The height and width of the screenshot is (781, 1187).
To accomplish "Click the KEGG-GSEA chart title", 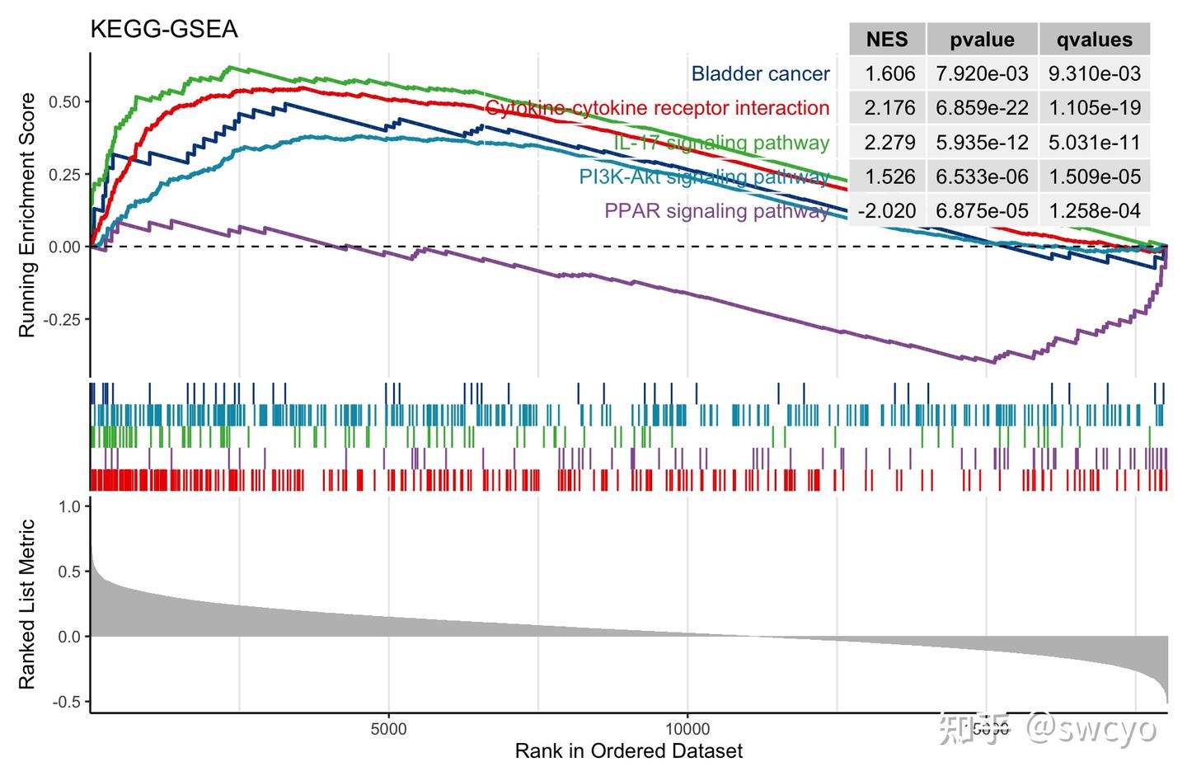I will pyautogui.click(x=163, y=30).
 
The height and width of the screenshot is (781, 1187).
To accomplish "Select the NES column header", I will pyautogui.click(x=887, y=40).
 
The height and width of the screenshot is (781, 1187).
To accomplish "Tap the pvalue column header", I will pyautogui.click(x=982, y=40).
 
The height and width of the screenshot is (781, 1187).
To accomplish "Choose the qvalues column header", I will pyautogui.click(x=1095, y=40).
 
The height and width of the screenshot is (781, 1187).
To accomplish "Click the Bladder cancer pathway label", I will pyautogui.click(x=760, y=74).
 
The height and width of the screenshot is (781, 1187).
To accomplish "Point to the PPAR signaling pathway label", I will pyautogui.click(x=716, y=211).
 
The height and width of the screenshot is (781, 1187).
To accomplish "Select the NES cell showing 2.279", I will pyautogui.click(x=889, y=143).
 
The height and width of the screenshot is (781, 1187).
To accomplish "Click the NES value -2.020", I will pyautogui.click(x=886, y=211).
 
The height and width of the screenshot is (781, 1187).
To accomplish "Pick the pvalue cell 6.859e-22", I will pyautogui.click(x=982, y=108).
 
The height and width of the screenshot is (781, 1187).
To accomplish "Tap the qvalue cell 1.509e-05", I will pyautogui.click(x=1095, y=176).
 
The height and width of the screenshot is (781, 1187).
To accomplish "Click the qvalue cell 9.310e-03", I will pyautogui.click(x=1095, y=74).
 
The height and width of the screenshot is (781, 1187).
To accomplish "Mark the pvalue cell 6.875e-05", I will pyautogui.click(x=982, y=211).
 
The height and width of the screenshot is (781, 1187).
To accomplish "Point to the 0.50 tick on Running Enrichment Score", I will pyautogui.click(x=65, y=102).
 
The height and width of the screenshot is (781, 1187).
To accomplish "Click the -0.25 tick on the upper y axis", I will pyautogui.click(x=63, y=320).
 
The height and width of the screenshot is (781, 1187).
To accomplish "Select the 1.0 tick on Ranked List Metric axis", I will pyautogui.click(x=70, y=506).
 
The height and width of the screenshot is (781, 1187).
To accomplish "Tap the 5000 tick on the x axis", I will pyautogui.click(x=388, y=730).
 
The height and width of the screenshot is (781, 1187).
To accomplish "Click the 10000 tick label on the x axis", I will pyautogui.click(x=687, y=730).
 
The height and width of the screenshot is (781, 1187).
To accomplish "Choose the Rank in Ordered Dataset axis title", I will pyautogui.click(x=628, y=751).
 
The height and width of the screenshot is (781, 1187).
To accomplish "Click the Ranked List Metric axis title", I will pyautogui.click(x=27, y=605).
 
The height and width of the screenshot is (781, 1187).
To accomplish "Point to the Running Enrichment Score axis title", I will pyautogui.click(x=27, y=215).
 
